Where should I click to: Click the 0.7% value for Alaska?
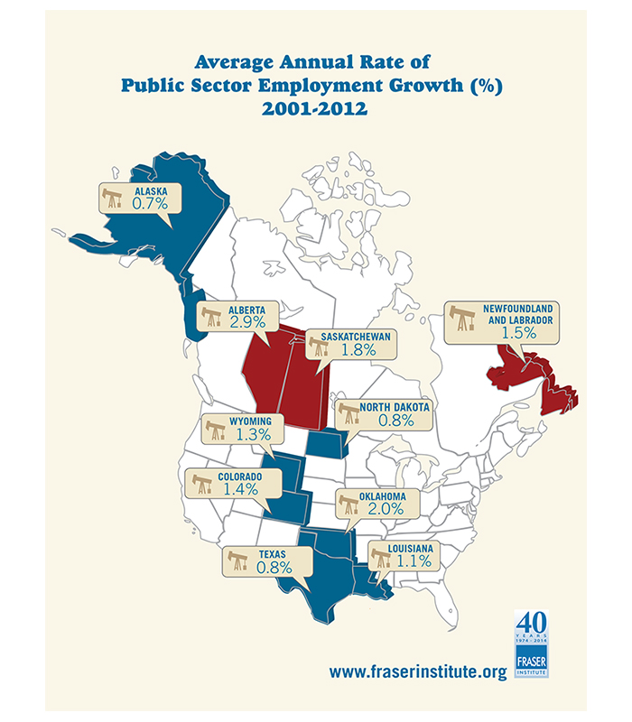point(150,203)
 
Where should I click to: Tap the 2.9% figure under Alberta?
point(247,322)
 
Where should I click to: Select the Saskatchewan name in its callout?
point(356,337)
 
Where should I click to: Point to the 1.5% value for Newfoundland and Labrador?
point(519,332)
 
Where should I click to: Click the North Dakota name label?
point(395,407)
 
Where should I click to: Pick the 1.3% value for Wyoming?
point(254,434)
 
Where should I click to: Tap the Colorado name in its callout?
point(240,477)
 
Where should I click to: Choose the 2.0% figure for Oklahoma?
point(386,509)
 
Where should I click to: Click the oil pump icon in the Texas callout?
point(238,560)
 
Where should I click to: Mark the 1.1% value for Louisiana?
point(414,560)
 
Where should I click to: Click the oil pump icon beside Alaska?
point(112,198)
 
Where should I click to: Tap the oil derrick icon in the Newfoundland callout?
point(462,319)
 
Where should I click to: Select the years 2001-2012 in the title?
point(314,109)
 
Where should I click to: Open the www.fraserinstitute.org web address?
point(418,671)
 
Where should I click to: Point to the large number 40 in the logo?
point(532,622)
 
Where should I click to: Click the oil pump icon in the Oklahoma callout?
point(349,504)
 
